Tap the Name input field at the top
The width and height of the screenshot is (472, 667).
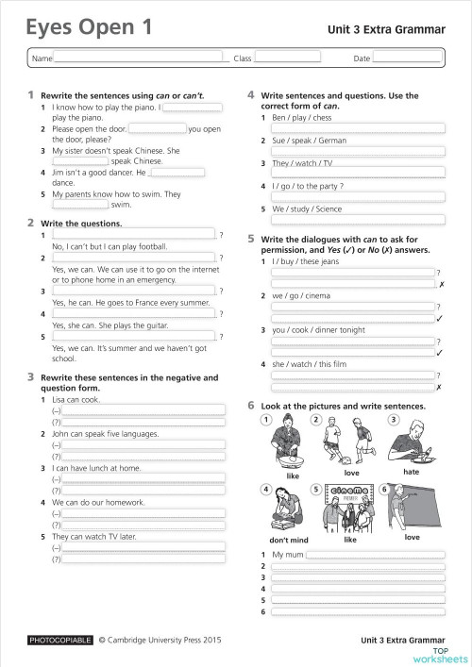[x=142, y=58]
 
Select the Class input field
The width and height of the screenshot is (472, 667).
[x=287, y=58]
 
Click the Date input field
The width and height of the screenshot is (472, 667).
[x=407, y=58]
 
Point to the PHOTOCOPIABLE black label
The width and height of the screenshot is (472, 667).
[x=61, y=640]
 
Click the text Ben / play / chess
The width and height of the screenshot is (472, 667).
[x=301, y=118]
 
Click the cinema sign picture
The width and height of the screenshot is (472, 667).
[x=349, y=492]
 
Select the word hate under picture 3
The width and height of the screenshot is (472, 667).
[x=411, y=472]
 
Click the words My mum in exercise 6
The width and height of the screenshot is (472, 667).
[x=286, y=554]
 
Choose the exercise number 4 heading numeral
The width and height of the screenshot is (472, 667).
[x=251, y=95]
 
